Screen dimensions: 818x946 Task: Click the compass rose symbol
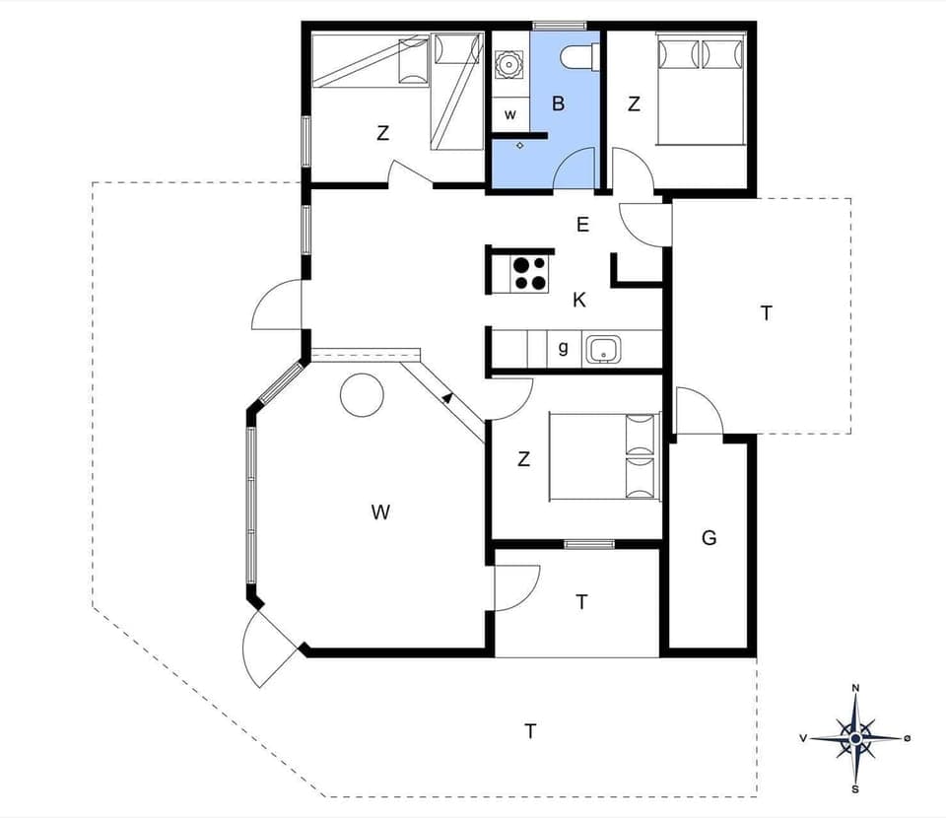855,737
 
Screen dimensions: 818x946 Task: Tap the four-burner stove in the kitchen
529,273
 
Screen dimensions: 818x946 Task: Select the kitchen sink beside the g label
601,349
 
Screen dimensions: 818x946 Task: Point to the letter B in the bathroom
558,103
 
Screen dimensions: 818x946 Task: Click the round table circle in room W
362,396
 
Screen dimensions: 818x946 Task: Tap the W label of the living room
380,511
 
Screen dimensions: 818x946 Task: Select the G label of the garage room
709,538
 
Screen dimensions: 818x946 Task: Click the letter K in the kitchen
579,301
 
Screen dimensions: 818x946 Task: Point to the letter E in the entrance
582,225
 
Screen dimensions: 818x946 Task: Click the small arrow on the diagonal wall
448,397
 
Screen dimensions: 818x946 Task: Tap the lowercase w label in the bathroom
510,114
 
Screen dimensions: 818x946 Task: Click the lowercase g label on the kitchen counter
563,347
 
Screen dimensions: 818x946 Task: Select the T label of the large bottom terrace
530,731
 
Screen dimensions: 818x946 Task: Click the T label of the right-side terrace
767,313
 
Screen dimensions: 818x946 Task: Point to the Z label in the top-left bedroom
382,133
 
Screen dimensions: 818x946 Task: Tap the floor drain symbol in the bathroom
520,145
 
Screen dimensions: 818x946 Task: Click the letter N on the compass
855,688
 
